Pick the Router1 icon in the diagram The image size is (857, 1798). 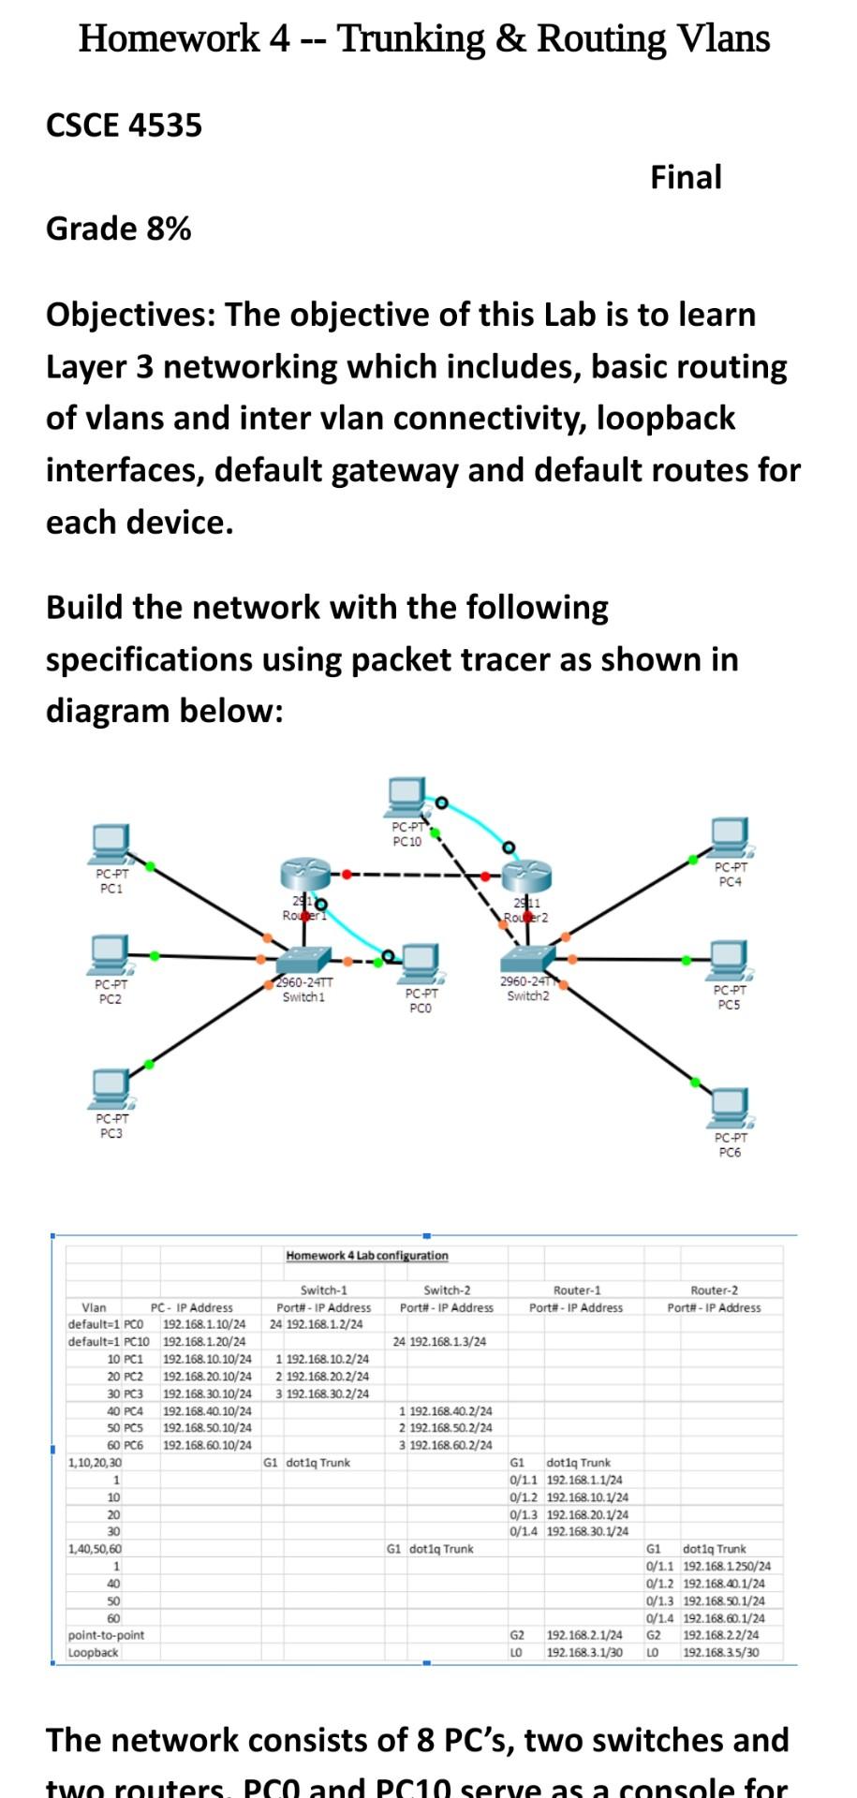click(304, 877)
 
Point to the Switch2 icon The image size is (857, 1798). click(527, 960)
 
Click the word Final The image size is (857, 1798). click(686, 177)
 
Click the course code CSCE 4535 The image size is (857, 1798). click(124, 125)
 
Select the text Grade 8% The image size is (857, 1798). click(118, 228)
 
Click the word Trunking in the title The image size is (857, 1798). click(410, 39)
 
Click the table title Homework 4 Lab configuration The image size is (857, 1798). click(366, 1255)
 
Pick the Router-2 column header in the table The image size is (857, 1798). click(714, 1290)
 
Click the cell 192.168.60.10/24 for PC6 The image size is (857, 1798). click(207, 1445)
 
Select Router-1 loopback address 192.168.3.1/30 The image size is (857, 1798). click(584, 1653)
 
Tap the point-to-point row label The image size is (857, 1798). click(106, 1635)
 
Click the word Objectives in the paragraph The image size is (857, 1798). click(129, 316)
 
